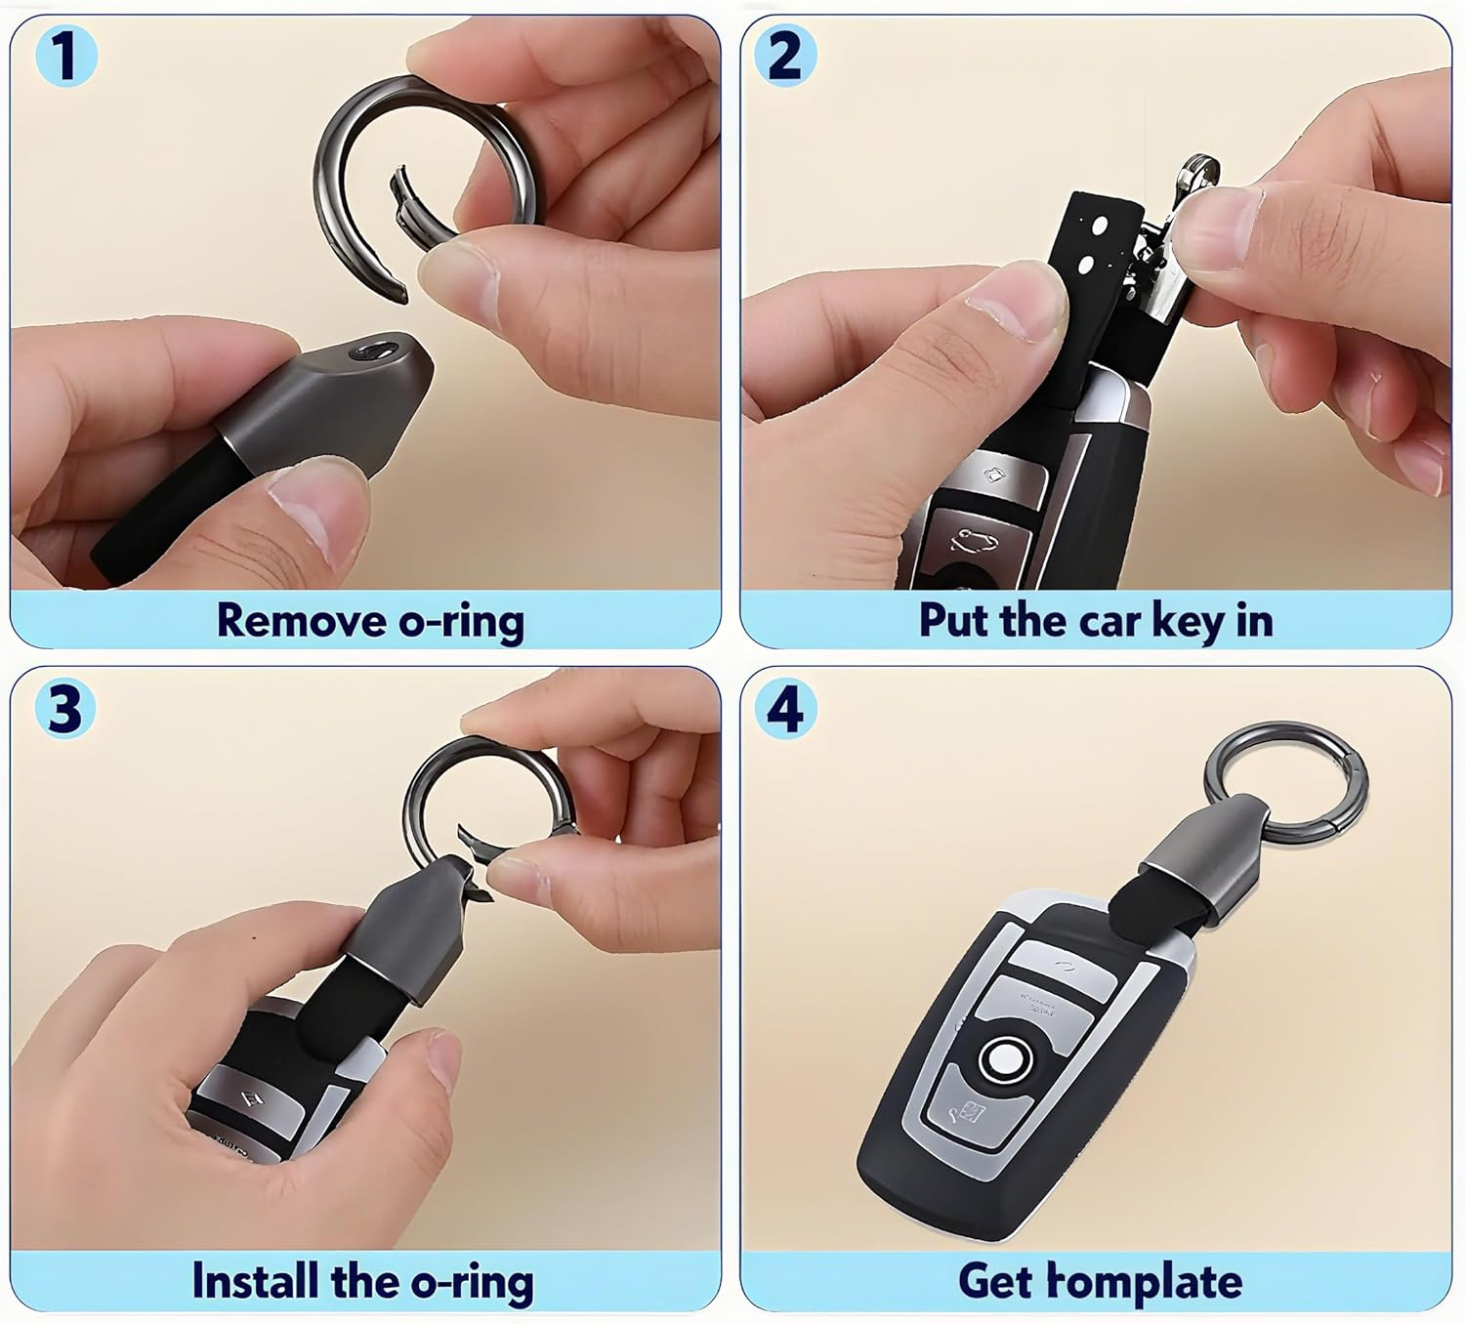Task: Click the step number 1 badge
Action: point(63,56)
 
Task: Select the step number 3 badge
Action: point(64,708)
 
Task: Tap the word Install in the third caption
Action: point(256,1280)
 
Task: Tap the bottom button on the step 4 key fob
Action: point(966,1113)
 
